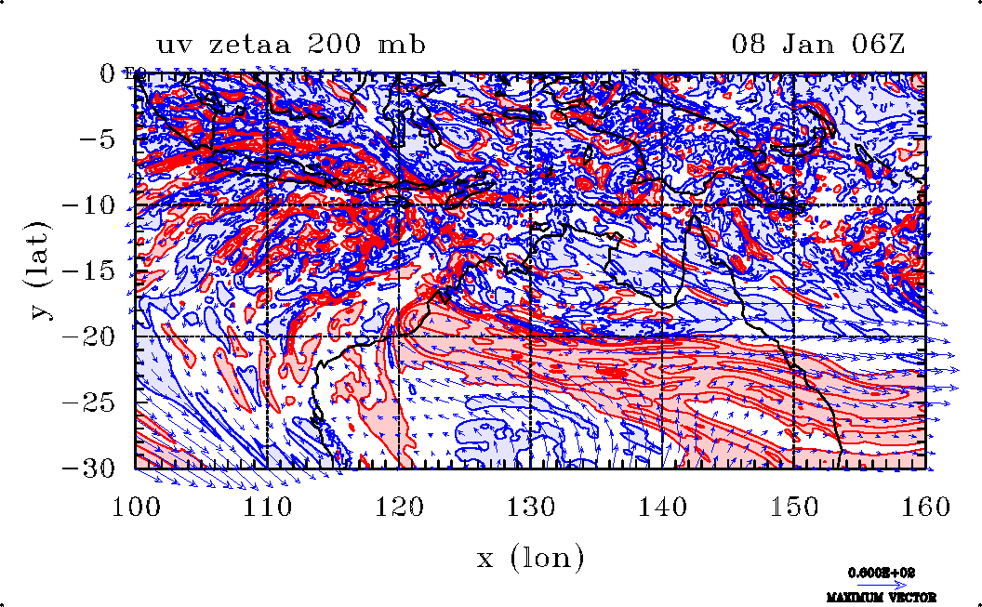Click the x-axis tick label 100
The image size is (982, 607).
[136, 507]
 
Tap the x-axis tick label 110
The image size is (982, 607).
[268, 507]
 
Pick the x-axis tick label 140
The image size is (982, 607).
[662, 507]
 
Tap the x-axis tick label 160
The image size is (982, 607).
[925, 507]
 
